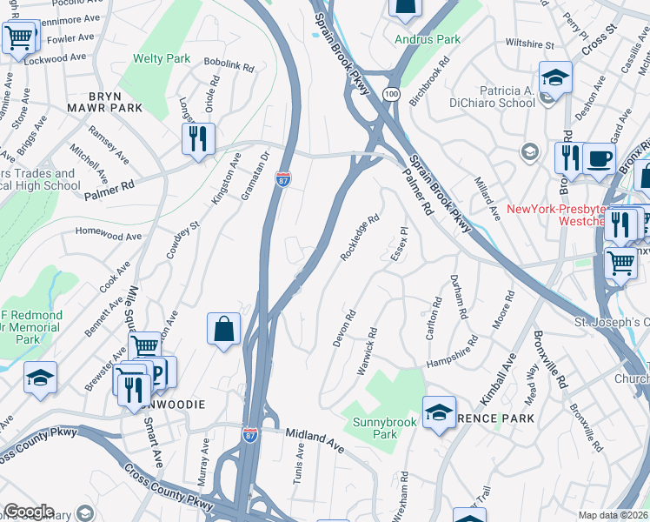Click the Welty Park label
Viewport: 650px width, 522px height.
[161, 59]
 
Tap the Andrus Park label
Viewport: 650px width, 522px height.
[427, 39]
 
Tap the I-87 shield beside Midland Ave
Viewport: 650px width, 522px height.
[249, 438]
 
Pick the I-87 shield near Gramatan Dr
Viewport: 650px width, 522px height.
[283, 178]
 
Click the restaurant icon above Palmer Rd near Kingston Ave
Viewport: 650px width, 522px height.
[198, 138]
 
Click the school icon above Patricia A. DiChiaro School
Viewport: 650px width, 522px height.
[555, 78]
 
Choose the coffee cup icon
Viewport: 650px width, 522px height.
[599, 159]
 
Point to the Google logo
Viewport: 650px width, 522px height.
[29, 512]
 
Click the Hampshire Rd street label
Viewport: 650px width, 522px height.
[454, 361]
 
